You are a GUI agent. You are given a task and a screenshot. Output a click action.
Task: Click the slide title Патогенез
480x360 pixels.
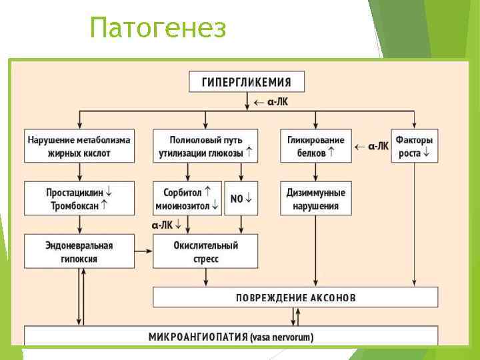(x=158, y=29)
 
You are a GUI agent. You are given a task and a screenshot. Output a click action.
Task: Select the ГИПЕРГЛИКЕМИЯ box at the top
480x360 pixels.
(x=247, y=82)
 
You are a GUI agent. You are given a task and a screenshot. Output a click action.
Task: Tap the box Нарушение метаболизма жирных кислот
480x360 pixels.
(x=79, y=146)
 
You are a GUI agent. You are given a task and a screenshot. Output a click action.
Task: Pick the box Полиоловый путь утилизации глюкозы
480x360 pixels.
(x=205, y=146)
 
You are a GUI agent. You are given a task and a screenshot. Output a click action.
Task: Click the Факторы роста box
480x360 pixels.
(x=414, y=146)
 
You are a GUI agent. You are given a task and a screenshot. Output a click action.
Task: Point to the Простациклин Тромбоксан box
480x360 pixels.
(x=79, y=199)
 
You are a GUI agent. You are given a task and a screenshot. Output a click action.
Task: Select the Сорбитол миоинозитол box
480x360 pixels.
(x=187, y=199)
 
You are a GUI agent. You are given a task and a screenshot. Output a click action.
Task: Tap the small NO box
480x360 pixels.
(x=241, y=199)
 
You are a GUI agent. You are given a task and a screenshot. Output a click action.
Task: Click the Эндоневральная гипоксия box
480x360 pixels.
(x=79, y=251)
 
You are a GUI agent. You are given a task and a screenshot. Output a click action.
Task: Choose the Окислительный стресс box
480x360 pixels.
(x=205, y=251)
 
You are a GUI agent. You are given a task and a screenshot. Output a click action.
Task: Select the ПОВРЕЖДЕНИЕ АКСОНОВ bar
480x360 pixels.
(x=295, y=297)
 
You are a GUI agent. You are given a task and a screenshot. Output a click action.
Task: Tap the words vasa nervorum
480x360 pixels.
(x=282, y=337)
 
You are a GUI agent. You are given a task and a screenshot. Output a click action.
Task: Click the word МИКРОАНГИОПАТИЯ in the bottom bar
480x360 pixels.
(x=198, y=337)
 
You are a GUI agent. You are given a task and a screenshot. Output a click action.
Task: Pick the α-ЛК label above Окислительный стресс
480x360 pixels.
(x=167, y=224)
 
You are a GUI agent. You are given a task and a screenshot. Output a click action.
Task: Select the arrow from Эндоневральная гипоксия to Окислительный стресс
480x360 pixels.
(x=143, y=251)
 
